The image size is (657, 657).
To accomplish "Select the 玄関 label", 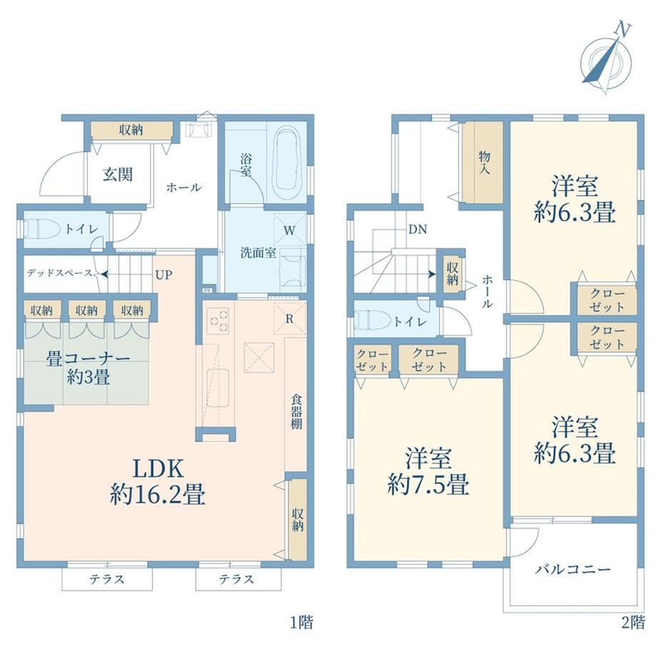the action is (x=118, y=174).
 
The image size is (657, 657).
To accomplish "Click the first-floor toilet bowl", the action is (x=39, y=230).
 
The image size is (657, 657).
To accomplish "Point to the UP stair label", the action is (x=164, y=275).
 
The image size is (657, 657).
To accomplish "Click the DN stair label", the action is (x=418, y=229).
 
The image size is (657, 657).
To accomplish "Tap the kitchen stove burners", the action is (x=219, y=321).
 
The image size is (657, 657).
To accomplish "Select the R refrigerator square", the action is (x=289, y=319).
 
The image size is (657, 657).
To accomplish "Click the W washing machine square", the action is (x=289, y=230).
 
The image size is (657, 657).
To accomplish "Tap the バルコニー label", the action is (x=573, y=569).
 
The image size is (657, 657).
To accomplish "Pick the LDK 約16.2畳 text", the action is (x=158, y=481).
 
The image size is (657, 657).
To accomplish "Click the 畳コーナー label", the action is (x=88, y=359).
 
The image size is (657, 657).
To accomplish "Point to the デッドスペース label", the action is (x=59, y=274).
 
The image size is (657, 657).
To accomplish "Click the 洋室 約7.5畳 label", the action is (x=428, y=471).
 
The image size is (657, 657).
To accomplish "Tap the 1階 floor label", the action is (x=302, y=622).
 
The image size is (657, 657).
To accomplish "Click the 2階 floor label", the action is (x=633, y=622).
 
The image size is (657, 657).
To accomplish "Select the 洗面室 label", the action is (x=258, y=253).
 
